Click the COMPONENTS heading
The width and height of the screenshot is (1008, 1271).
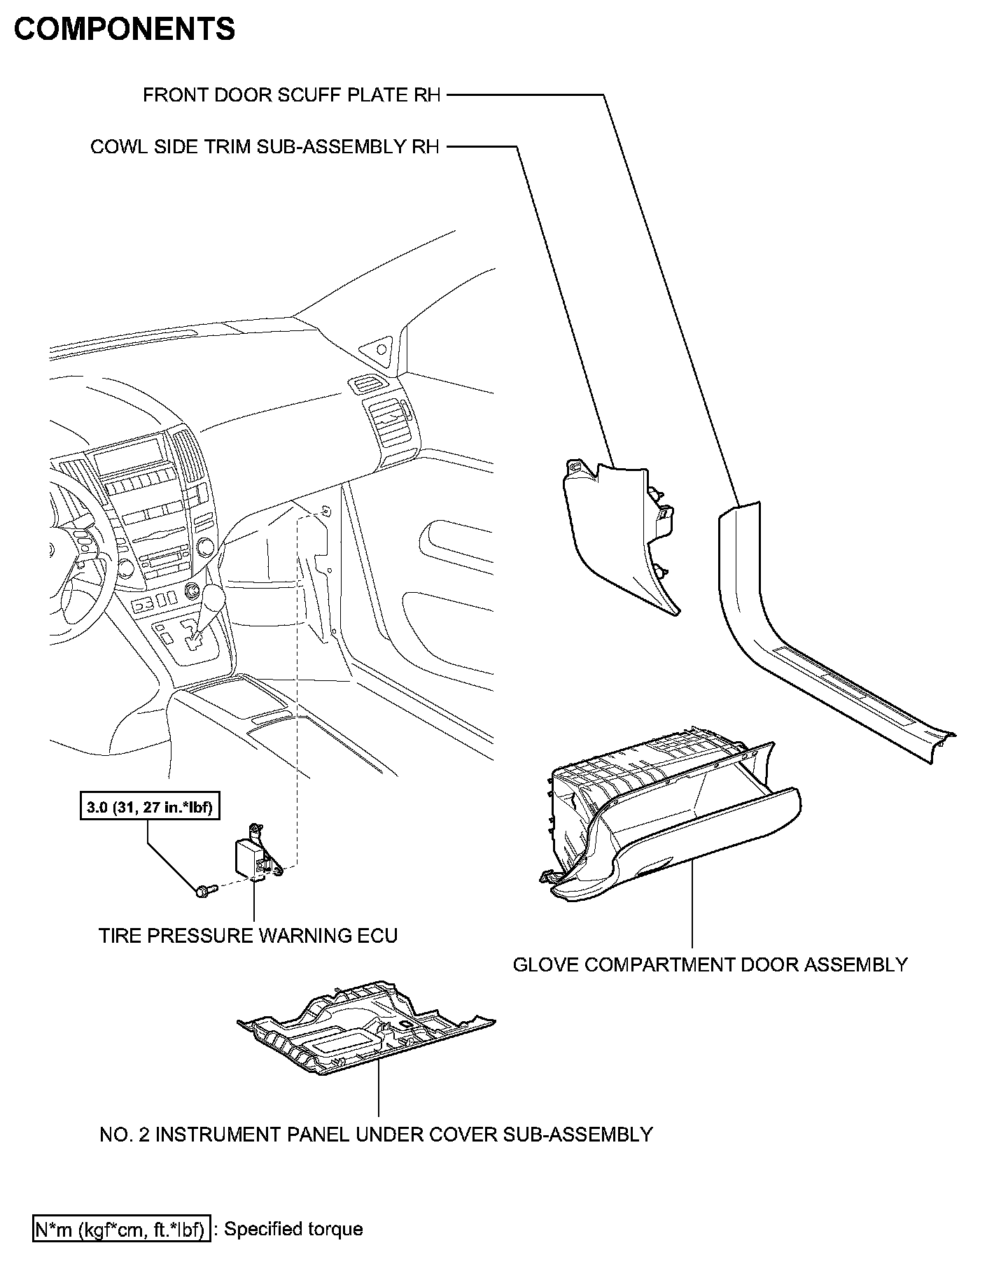125,30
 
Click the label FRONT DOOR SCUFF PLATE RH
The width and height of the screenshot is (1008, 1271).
292,95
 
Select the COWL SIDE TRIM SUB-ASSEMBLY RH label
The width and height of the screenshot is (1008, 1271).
265,147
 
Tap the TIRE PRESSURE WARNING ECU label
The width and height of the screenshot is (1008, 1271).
248,936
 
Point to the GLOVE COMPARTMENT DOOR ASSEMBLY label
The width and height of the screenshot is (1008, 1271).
710,964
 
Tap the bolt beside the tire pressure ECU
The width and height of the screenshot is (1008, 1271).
204,891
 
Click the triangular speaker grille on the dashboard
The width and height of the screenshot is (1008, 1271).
379,348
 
